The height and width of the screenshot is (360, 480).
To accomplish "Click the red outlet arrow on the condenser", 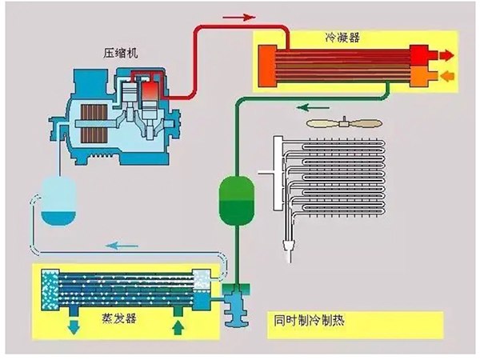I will coord(445,56).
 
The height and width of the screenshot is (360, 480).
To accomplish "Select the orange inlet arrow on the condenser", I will coord(445,75).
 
